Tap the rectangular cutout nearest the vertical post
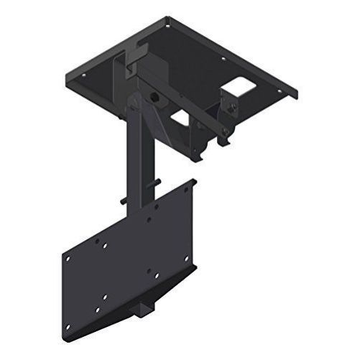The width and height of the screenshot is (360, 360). (x=180, y=117)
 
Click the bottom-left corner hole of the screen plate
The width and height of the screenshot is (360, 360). (x=69, y=326)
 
